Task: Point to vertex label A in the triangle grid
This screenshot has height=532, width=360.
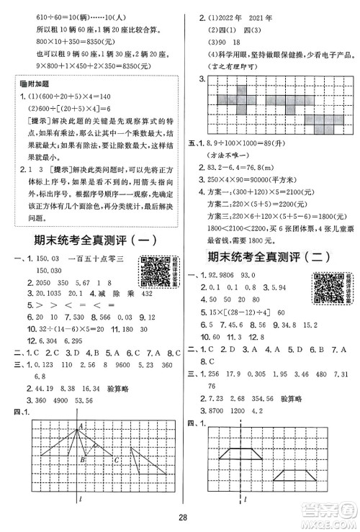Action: [81, 407]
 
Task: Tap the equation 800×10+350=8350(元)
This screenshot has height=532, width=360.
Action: [60, 44]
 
